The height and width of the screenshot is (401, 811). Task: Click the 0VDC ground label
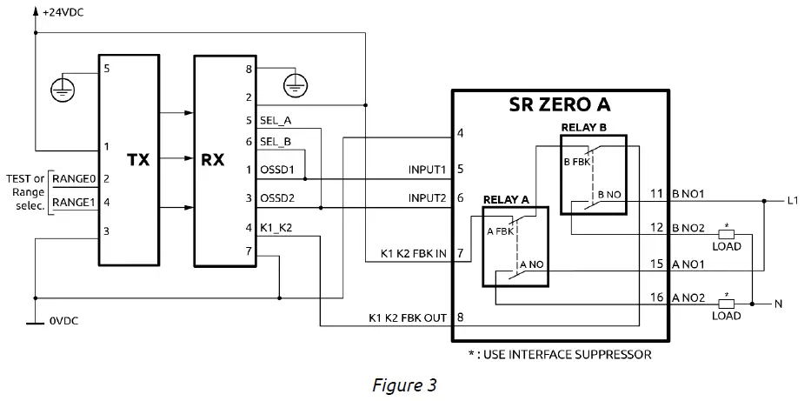65,322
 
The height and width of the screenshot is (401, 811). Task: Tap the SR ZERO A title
559,106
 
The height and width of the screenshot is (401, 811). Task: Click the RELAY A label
505,199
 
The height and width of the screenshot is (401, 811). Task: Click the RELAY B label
582,127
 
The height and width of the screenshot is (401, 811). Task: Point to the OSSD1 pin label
278,170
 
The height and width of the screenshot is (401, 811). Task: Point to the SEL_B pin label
276,141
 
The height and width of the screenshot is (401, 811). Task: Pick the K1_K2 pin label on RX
277,228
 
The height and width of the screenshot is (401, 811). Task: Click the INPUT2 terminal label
427,198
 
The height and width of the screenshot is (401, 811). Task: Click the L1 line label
793,201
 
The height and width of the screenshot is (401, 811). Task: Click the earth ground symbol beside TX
59,85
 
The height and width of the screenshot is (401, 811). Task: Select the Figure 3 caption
403,384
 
